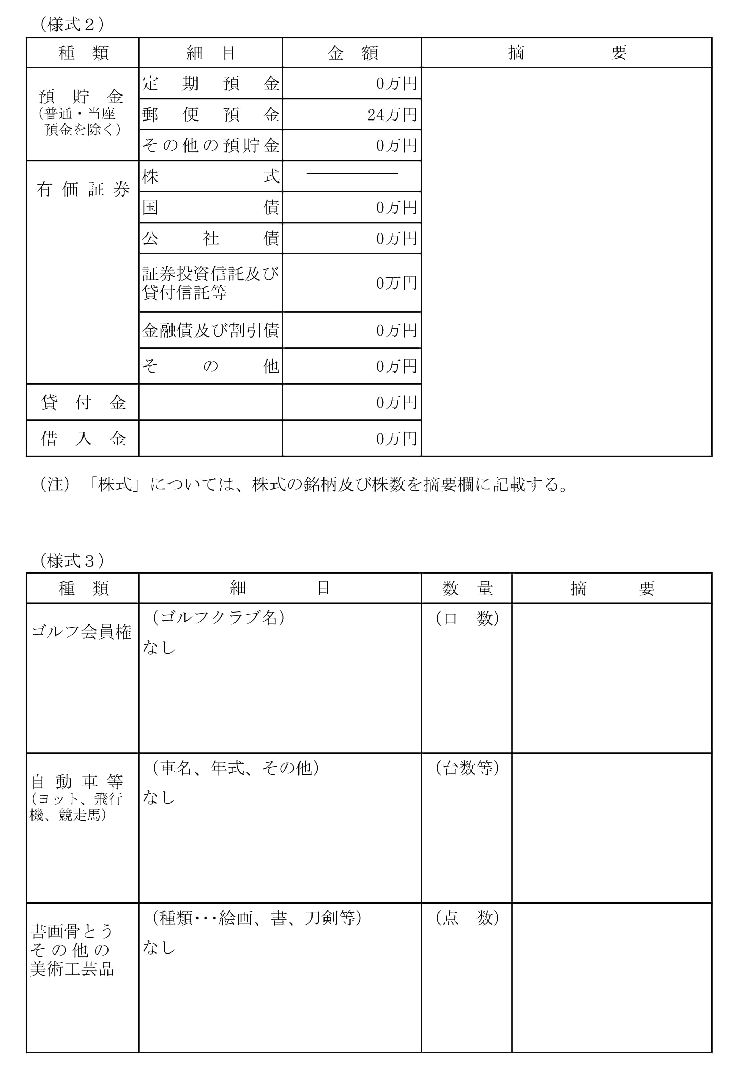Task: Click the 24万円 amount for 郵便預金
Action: click(x=392, y=115)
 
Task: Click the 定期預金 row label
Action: click(x=211, y=84)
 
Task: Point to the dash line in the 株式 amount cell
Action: click(x=352, y=174)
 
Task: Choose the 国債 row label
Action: click(x=211, y=207)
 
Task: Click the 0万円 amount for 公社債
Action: click(x=396, y=239)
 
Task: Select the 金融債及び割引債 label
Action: click(x=211, y=330)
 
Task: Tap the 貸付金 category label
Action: click(x=83, y=402)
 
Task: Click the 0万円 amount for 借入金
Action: click(x=396, y=439)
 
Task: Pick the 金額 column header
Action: click(x=352, y=53)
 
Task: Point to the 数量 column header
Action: click(x=467, y=588)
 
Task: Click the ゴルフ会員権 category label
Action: click(x=81, y=632)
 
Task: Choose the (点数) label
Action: click(x=467, y=918)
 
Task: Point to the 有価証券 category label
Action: click(x=83, y=189)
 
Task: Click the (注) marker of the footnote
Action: click(x=55, y=484)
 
